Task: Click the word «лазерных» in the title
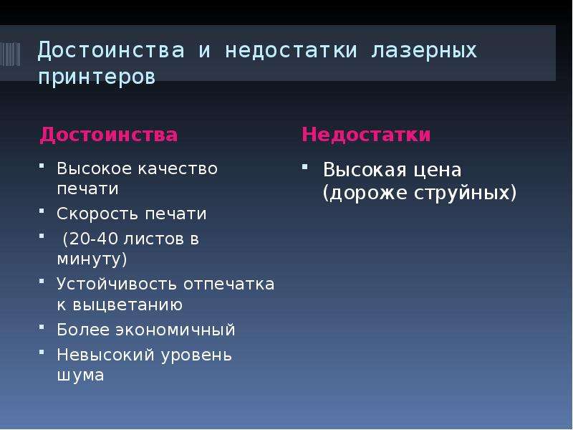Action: coord(424,51)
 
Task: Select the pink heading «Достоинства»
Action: coord(109,135)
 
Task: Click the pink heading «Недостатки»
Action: coord(366,135)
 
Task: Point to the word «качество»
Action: coord(178,168)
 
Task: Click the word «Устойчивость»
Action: coord(117,285)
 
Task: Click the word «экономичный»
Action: coord(175,330)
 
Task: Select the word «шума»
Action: coord(80,376)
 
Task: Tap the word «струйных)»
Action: coord(465,193)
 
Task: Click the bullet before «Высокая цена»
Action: coord(305,167)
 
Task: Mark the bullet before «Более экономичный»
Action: coord(42,327)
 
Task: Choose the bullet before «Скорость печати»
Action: coord(42,211)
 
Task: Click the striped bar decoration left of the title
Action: coord(10,54)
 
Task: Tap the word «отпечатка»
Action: coord(228,285)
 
